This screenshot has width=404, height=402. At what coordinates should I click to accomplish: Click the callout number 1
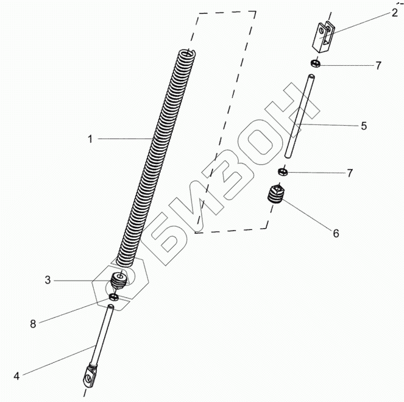click(x=90, y=139)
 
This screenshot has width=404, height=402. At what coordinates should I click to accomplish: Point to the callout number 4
click(x=16, y=376)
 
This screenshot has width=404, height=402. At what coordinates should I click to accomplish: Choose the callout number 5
click(x=363, y=126)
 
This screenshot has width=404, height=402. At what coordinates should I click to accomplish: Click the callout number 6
click(x=335, y=233)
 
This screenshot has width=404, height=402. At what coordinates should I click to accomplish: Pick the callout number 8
click(x=34, y=324)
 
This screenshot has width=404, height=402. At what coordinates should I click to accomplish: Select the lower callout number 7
click(x=349, y=173)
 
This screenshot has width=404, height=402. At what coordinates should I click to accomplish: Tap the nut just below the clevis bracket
click(x=316, y=63)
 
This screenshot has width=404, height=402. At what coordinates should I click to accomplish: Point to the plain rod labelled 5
click(x=299, y=117)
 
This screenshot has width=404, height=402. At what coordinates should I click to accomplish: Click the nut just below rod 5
click(x=283, y=172)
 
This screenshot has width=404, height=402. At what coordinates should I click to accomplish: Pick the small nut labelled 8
click(x=113, y=297)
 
